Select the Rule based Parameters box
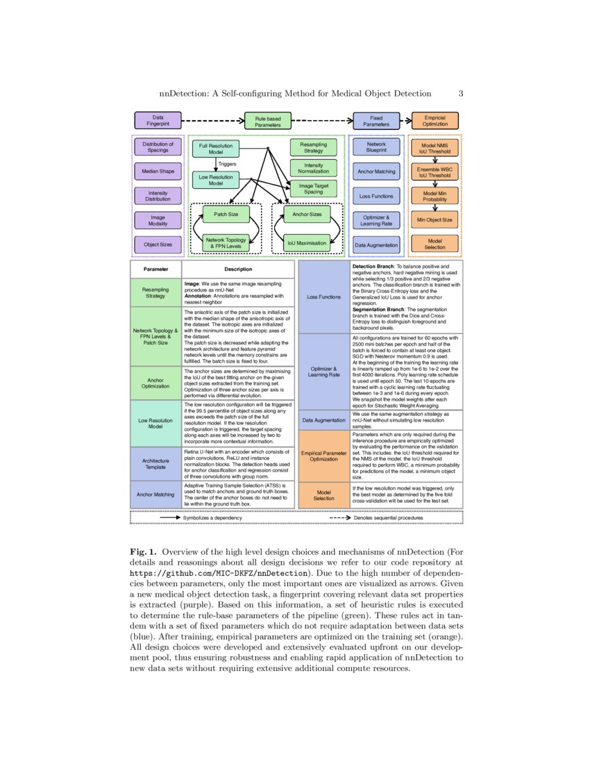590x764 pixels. coord(267,122)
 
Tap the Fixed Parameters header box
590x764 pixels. coord(376,122)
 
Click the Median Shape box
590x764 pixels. coord(158,171)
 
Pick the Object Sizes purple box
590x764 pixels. coord(158,244)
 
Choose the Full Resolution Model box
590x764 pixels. coord(216,149)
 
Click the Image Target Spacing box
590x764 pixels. coord(313,188)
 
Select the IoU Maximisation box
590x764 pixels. coord(307,243)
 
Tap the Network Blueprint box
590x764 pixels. coord(376,147)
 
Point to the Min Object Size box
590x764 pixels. coord(435,220)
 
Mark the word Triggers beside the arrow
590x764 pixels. coord(228,165)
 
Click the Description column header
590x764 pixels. coord(238,269)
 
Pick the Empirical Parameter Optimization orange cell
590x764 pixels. coord(323,456)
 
